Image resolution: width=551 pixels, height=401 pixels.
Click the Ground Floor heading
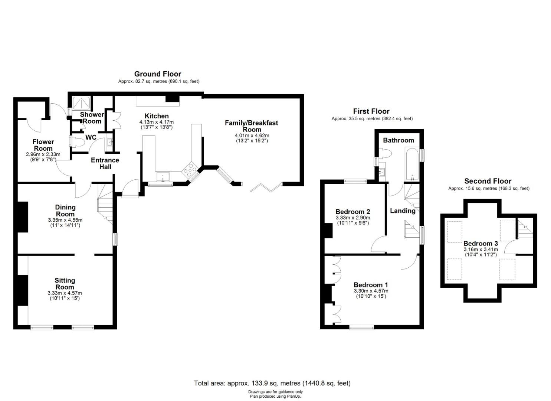[158, 74]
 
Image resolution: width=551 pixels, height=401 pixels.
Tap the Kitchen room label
[157, 116]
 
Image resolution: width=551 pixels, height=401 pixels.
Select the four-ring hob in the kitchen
[190, 169]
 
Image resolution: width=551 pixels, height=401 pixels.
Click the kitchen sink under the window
[163, 177]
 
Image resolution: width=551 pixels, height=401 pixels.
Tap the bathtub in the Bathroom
[412, 165]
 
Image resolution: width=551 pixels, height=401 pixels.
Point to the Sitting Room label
[65, 284]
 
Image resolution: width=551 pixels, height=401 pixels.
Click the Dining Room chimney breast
[23, 217]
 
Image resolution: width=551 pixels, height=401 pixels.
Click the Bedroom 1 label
[371, 285]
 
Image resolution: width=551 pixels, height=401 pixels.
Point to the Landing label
[403, 211]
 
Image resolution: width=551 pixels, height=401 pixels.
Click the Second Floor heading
[488, 181]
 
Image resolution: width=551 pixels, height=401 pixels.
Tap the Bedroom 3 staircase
[525, 229]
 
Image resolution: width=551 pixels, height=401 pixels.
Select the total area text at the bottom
[272, 383]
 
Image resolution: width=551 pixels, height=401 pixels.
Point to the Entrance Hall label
[105, 163]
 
